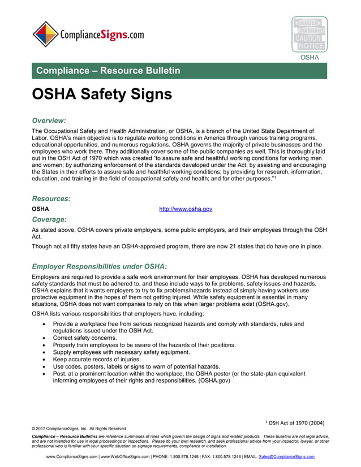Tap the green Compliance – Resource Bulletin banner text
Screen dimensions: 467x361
tap(108, 71)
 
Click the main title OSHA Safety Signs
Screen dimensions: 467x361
tap(102, 94)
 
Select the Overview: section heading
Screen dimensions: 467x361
tap(49, 120)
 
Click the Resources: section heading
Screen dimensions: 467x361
tap(51, 199)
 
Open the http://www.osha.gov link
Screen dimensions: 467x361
tap(186, 209)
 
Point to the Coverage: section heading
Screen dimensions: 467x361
tap(50, 219)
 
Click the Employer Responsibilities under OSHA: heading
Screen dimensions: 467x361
tap(100, 266)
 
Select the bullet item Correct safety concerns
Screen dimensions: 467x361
tap(85, 338)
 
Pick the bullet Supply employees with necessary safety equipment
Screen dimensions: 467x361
tap(117, 352)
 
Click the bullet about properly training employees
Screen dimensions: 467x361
tap(144, 345)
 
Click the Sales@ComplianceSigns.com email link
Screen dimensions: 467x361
tap(286, 456)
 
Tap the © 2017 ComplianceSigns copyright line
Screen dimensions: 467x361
tap(79, 429)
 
